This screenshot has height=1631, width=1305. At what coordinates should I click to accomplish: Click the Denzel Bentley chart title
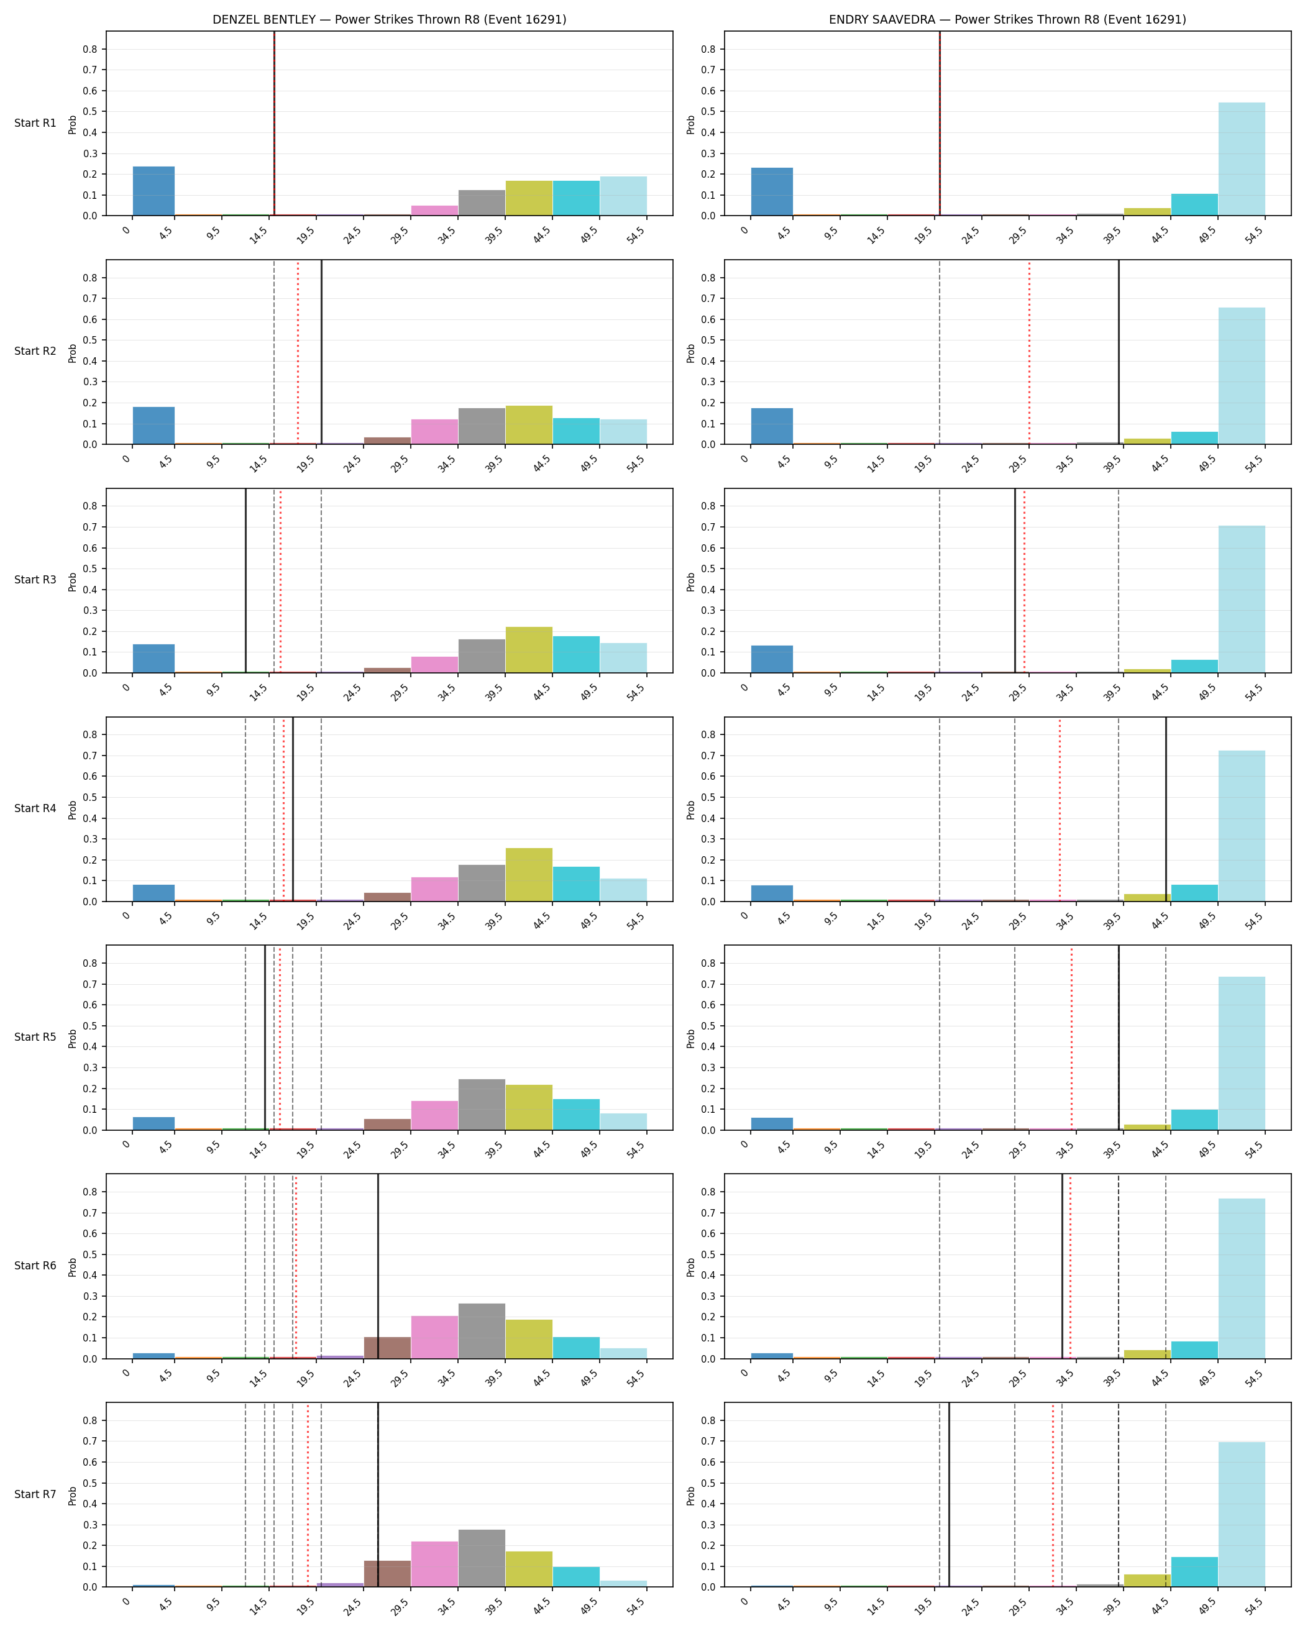389,20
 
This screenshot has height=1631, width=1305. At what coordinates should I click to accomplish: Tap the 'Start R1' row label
35,123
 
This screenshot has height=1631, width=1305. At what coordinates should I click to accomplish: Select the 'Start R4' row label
35,809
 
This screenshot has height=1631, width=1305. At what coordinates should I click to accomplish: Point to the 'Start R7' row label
35,1494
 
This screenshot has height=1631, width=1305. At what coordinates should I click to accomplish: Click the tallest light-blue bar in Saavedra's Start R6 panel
1242,1279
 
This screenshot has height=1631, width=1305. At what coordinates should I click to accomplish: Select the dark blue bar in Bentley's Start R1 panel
153,191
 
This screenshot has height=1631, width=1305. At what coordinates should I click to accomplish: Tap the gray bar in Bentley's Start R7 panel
481,1558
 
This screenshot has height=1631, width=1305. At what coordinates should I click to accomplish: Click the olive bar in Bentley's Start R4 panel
529,874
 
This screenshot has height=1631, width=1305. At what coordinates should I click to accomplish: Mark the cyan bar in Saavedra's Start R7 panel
1194,1572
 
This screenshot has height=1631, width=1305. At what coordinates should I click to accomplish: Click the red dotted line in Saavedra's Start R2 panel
1029,352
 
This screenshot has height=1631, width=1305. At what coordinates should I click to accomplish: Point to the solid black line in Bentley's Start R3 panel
246,581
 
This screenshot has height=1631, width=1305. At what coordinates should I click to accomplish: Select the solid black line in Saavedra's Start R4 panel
1166,810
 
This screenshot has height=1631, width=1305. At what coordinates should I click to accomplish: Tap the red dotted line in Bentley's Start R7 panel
308,1495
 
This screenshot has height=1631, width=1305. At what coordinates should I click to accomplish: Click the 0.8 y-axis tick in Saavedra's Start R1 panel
708,49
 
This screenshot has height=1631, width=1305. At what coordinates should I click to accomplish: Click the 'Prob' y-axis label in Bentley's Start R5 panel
73,1038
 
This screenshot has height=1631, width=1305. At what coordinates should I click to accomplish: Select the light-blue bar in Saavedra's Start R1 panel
1242,159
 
